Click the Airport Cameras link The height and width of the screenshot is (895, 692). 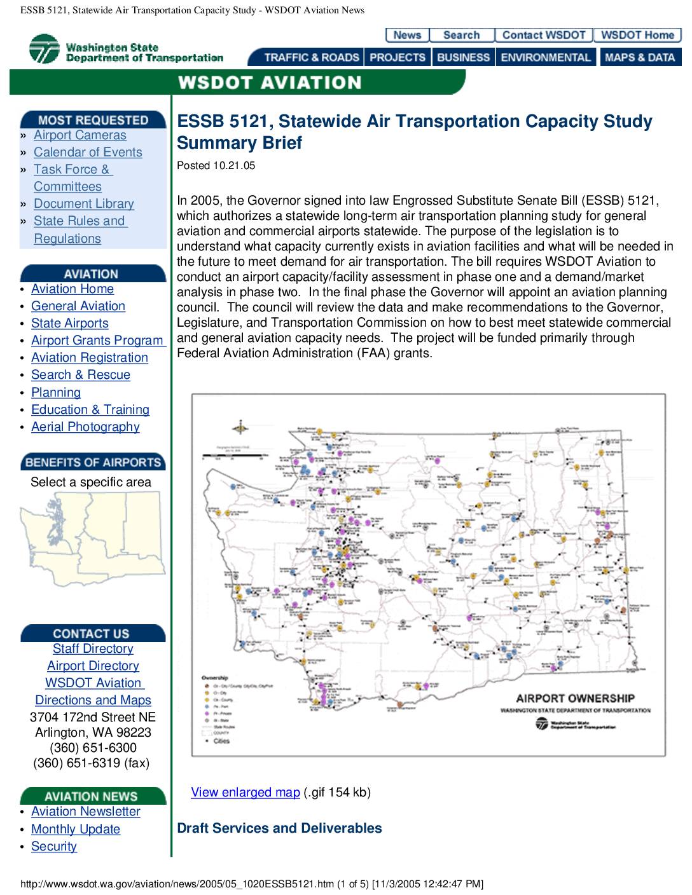click(80, 135)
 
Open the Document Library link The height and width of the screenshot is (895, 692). click(83, 204)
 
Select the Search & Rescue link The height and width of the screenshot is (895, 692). click(80, 375)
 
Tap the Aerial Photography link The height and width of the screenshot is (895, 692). click(85, 427)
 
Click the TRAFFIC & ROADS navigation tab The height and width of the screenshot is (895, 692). click(311, 58)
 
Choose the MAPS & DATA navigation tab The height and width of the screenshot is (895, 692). click(639, 58)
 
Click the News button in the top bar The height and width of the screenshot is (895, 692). click(407, 36)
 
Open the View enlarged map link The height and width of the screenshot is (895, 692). click(245, 793)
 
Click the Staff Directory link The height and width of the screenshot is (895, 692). click(93, 649)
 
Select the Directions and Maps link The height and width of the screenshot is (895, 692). click(93, 700)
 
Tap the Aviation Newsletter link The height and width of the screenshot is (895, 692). click(85, 812)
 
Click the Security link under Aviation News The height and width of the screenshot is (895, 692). click(54, 847)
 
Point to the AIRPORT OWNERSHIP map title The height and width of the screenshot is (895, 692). click(575, 699)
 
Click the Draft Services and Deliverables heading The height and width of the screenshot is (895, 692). click(279, 828)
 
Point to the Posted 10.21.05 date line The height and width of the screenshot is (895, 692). click(216, 166)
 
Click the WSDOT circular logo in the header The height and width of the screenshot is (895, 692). click(44, 50)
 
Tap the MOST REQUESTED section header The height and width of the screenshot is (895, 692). click(93, 120)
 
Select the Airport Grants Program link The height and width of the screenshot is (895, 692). click(97, 341)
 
